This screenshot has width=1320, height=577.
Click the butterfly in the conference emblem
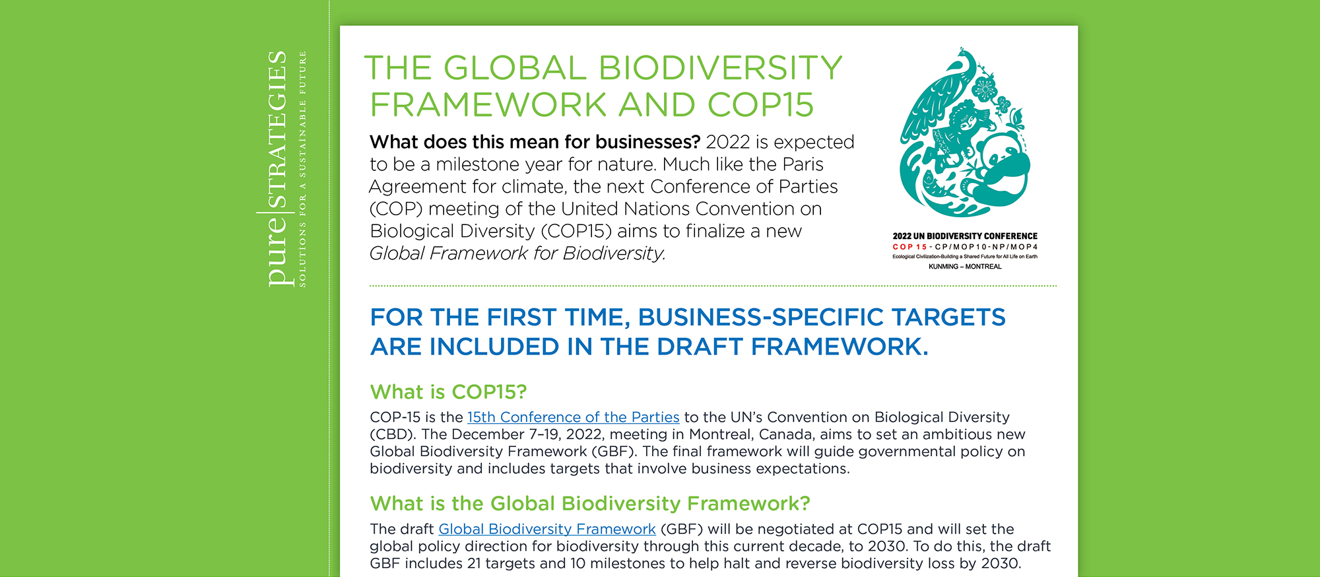(1016, 119)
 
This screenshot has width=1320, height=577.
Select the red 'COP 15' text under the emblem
(909, 247)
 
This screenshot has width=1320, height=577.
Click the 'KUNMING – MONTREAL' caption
(965, 267)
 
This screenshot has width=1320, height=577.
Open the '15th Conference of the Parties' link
(573, 417)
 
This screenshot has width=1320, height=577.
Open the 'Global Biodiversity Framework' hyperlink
(547, 529)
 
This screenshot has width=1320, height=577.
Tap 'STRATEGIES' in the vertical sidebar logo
(277, 129)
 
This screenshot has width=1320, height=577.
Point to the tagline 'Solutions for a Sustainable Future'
(303, 168)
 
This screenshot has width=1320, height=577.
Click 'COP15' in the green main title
(760, 105)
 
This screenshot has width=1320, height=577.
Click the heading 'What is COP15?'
(448, 392)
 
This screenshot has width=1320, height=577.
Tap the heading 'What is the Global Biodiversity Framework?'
(590, 504)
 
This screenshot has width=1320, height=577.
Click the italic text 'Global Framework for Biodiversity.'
(517, 254)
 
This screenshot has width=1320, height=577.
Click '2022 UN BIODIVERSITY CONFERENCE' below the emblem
(965, 236)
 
